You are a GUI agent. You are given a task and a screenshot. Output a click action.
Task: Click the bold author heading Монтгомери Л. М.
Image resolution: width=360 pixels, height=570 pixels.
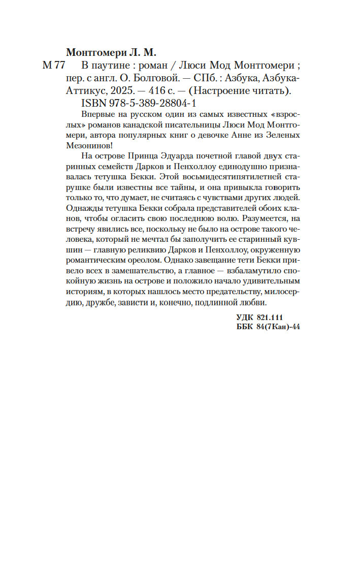click(x=112, y=53)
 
